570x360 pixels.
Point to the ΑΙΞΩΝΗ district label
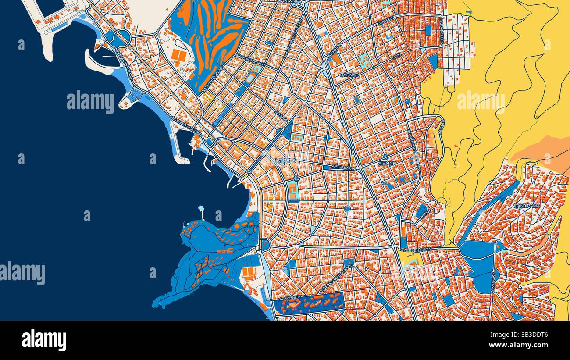coord(387,163)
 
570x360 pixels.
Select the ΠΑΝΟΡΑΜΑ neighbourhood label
coord(527,205)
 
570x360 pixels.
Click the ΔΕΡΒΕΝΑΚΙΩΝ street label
coord(417,249)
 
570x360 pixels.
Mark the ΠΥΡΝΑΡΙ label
coord(350,75)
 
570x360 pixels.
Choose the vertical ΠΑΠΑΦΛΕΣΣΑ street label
coord(442,29)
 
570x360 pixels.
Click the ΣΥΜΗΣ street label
coord(423,211)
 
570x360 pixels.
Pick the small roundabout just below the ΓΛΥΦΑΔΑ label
coord(297,178)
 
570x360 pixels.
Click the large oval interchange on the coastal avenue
coord(121,38)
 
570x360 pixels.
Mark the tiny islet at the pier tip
coord(201,208)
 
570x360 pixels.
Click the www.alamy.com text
coord(520,345)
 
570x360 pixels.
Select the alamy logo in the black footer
coord(44,340)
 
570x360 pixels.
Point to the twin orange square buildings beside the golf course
coord(178,55)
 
